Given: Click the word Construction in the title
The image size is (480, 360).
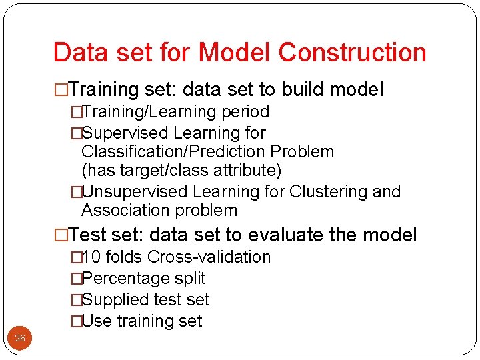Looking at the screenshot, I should [353, 53].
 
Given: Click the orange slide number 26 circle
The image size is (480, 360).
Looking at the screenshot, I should [20, 339].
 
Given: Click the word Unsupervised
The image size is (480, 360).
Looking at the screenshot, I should [135, 192].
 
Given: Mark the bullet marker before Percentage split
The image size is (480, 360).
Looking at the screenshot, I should [76, 279].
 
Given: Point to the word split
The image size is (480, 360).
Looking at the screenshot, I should [189, 279].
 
